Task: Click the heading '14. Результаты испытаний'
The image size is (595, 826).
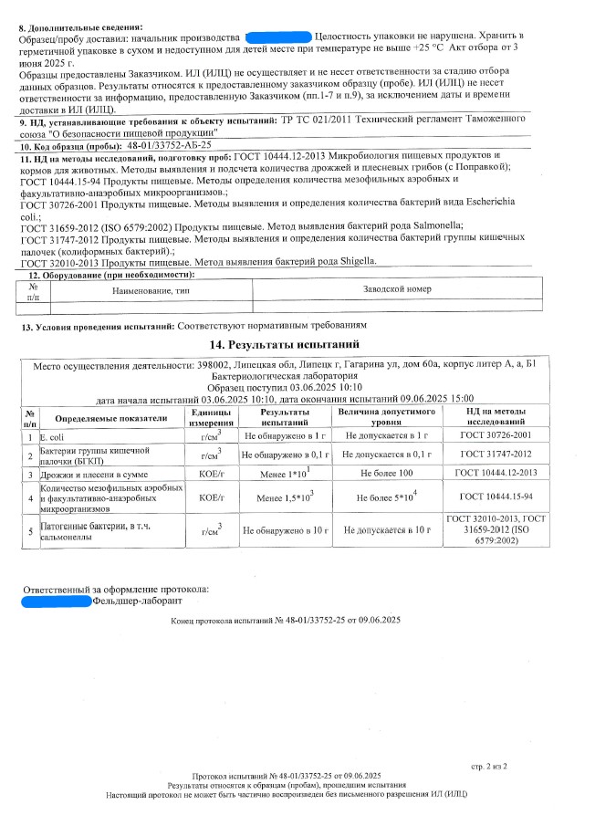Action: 298,345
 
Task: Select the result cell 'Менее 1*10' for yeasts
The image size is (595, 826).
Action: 284,475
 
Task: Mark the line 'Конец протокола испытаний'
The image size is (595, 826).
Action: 286,621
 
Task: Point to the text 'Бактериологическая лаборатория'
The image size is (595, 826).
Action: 298,376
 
